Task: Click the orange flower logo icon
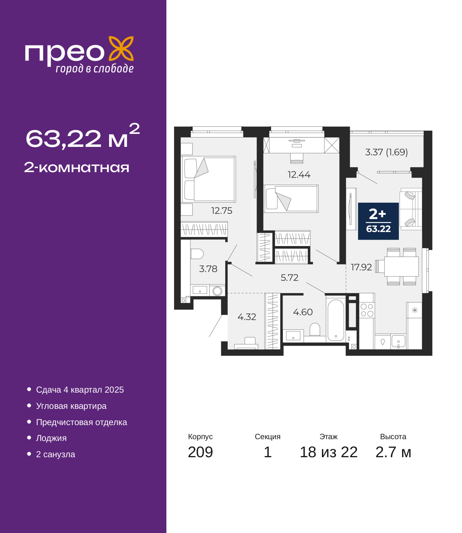click(x=121, y=48)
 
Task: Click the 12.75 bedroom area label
click(x=222, y=211)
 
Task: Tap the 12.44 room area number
click(x=299, y=175)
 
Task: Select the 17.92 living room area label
click(x=361, y=267)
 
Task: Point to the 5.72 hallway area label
click(x=289, y=278)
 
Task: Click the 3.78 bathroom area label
click(x=208, y=269)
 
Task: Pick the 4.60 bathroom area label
click(x=303, y=312)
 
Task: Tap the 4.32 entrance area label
click(x=247, y=316)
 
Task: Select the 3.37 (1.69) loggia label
click(x=387, y=152)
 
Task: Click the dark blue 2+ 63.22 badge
click(x=378, y=221)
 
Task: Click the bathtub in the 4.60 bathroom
click(x=335, y=320)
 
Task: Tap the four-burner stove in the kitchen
click(x=367, y=310)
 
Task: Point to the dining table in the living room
click(x=401, y=266)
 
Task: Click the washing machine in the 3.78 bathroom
click(x=217, y=291)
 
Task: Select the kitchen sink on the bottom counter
click(x=398, y=341)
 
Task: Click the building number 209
click(x=200, y=452)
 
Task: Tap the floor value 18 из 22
click(x=329, y=452)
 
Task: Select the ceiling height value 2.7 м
click(x=393, y=452)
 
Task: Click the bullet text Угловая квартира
click(x=71, y=406)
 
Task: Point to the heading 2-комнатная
click(x=77, y=167)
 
